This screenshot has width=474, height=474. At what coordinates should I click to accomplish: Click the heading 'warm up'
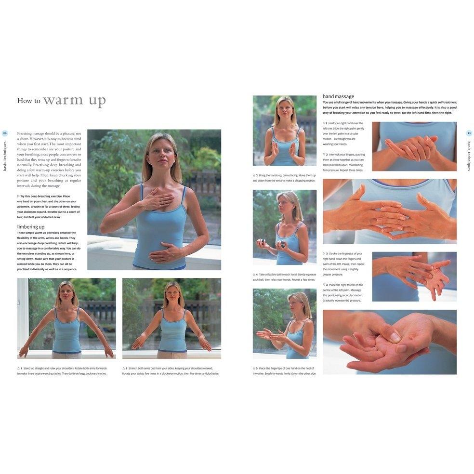74,101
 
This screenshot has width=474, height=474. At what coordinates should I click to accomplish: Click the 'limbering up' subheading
31,226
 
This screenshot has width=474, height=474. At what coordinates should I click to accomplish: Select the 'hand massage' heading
338,96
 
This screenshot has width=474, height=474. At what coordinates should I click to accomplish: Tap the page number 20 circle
5,133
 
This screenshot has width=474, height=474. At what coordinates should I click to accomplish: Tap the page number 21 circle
469,133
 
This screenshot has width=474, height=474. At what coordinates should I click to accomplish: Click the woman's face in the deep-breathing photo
161,158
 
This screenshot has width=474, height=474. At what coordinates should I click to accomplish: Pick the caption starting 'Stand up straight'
62,371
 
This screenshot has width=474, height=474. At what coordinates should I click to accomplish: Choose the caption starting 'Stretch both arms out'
171,371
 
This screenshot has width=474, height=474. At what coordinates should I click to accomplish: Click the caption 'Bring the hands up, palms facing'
284,178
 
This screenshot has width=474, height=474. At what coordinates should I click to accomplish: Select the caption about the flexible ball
284,277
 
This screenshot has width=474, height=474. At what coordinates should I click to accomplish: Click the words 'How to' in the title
28,101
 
